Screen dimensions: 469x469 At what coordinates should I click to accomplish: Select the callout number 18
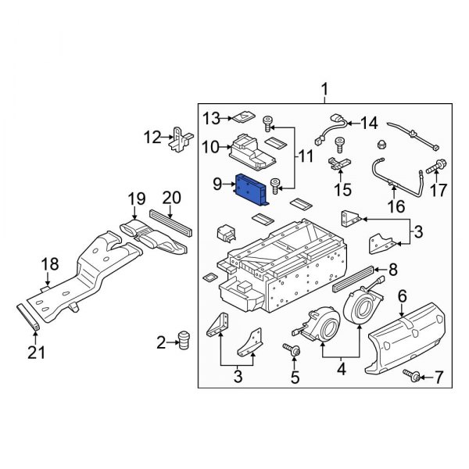click(49, 265)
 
